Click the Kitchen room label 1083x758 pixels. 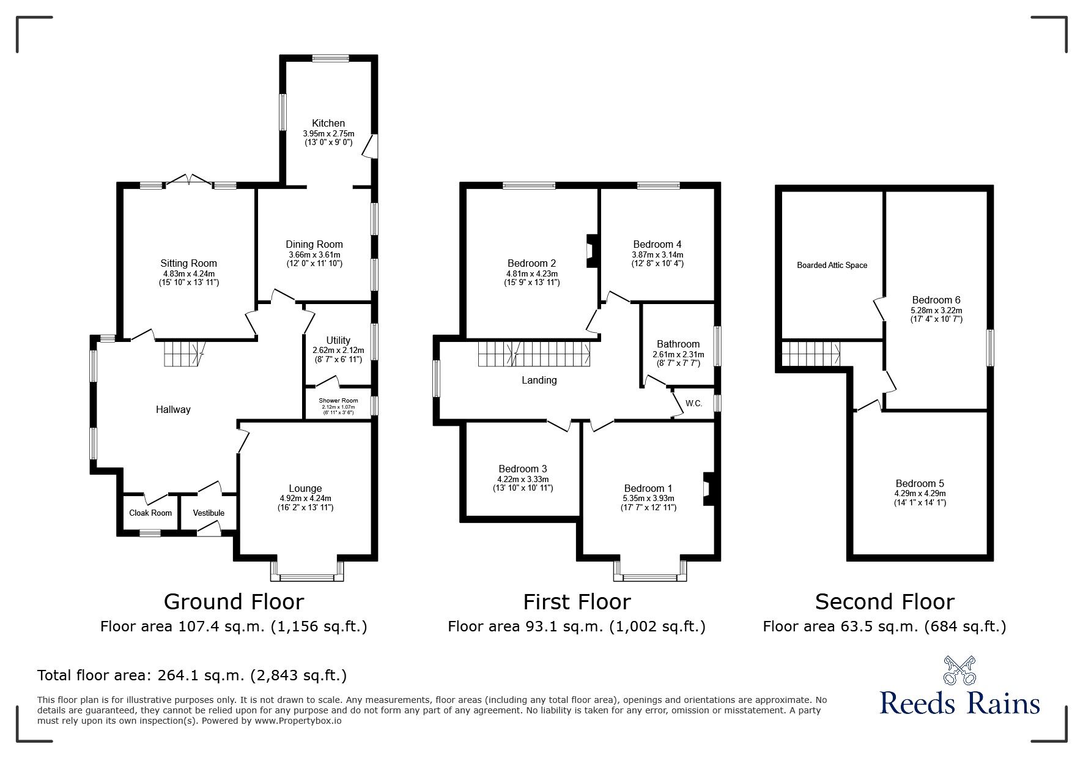pos(329,124)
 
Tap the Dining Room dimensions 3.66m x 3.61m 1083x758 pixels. pos(314,255)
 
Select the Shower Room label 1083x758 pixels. pos(338,401)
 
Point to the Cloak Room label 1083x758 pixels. pos(150,513)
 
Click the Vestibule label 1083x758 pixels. pos(209,513)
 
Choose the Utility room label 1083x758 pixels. pos(338,340)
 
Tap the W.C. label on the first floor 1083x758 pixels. pos(693,404)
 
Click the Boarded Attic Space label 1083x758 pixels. pos(832,266)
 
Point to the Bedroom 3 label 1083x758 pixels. pos(523,469)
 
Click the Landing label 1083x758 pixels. pos(539,381)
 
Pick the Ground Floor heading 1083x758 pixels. pos(234,602)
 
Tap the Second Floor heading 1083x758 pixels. pos(884,602)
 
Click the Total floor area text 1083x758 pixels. pos(192,675)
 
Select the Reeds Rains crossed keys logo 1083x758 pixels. pos(959,671)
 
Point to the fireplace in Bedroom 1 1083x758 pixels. pos(708,489)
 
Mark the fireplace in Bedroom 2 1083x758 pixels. pos(592,251)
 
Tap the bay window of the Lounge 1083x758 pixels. pos(307,570)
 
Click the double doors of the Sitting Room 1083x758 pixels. pos(190,179)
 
